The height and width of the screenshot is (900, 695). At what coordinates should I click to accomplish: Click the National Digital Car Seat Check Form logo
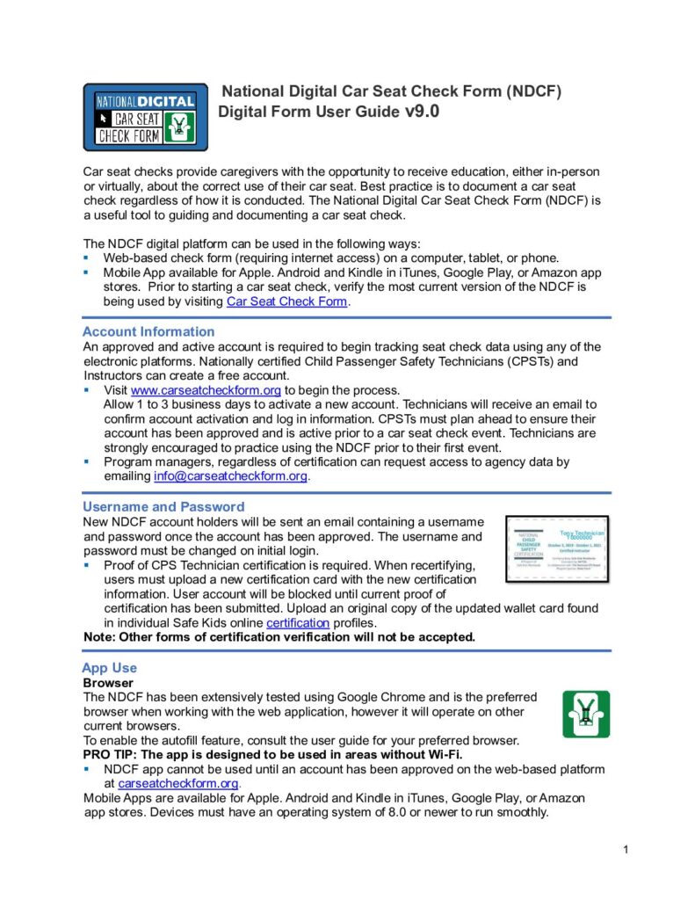(x=145, y=117)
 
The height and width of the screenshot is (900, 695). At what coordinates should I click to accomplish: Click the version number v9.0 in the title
(x=422, y=112)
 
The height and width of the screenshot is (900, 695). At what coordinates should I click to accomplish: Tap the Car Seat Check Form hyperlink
(x=287, y=301)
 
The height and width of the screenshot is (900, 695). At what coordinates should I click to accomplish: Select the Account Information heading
(x=148, y=331)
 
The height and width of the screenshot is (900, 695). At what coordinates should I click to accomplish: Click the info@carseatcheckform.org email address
(x=230, y=476)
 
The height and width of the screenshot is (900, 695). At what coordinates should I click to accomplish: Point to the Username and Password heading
(x=163, y=506)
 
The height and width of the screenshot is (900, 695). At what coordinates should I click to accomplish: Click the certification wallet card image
(x=556, y=548)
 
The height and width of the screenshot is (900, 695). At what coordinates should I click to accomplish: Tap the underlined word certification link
(x=298, y=622)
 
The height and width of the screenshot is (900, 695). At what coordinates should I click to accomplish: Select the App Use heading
(x=109, y=667)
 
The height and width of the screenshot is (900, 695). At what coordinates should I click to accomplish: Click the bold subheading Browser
(x=108, y=682)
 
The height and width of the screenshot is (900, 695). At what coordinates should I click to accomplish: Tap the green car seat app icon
(x=586, y=714)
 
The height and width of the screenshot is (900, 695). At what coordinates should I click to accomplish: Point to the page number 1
(x=625, y=849)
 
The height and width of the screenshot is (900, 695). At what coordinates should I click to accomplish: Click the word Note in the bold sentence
(x=98, y=636)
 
